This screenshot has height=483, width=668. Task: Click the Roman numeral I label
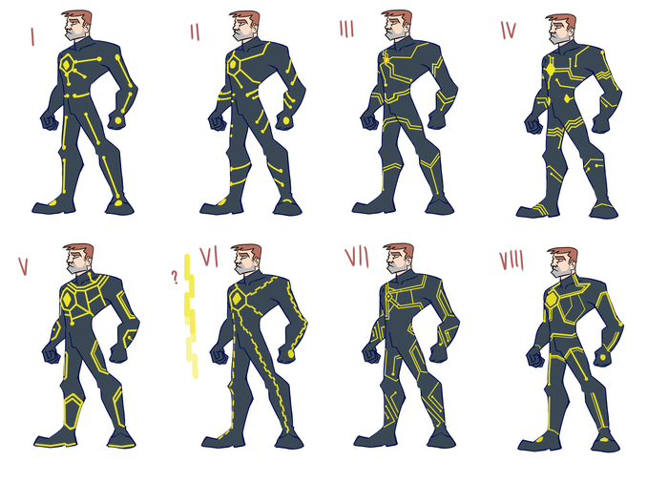(31, 36)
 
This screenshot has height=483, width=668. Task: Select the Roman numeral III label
(346, 29)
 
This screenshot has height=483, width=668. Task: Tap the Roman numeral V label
(24, 265)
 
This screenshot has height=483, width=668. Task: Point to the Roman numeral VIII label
(511, 261)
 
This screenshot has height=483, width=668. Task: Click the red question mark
(175, 278)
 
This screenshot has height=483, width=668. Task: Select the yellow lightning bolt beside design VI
(191, 316)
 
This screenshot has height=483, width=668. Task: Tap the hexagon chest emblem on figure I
(66, 66)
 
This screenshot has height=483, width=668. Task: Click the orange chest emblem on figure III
(386, 60)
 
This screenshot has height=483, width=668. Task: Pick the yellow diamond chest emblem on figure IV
(551, 70)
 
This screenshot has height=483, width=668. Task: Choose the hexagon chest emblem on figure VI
(238, 299)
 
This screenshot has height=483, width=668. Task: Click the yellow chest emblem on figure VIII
(552, 300)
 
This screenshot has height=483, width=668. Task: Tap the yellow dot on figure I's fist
(118, 121)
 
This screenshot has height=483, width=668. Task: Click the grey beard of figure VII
(395, 266)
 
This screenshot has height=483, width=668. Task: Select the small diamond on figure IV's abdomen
(568, 99)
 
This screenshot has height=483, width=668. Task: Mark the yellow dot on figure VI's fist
(291, 353)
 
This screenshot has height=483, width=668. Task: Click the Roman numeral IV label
(509, 30)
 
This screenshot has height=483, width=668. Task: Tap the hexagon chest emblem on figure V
(67, 300)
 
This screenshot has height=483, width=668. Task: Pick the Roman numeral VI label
(209, 257)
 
